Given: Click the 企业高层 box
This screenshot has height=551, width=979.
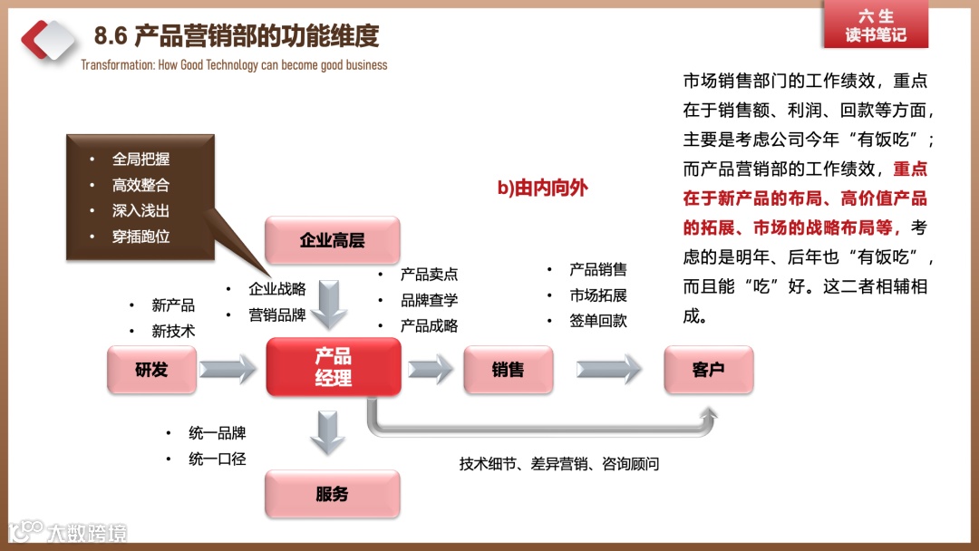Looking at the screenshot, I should pos(332,240).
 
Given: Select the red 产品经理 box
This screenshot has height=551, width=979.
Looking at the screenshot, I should pos(333,367).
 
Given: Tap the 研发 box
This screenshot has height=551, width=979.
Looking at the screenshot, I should pos(151,369).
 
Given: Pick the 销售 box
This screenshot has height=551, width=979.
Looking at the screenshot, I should pos(508,369).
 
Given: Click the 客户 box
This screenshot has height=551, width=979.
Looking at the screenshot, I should pos(708,369).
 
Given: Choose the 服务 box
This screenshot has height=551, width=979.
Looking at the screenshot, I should pos(332,494).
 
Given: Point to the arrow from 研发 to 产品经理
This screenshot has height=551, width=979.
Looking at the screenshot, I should pos(228,369).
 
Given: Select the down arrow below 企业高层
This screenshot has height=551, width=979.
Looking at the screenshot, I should pos(332,304).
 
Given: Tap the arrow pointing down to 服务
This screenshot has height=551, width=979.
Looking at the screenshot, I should pos(327,432).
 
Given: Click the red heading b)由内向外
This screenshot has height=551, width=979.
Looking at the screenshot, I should pos(542,188).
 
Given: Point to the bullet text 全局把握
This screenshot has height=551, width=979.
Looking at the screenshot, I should pos(141,159).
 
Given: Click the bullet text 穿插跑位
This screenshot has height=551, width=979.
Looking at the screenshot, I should pos(141,237).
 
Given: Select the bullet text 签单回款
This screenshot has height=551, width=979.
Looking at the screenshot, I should pos(598,321).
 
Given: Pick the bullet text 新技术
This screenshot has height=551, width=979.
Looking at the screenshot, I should pos(173,331).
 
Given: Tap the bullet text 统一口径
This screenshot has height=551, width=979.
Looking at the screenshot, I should pos(218,459).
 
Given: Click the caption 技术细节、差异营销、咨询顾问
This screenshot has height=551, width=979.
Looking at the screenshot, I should pos(558,464).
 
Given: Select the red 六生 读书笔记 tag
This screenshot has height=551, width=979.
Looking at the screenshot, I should pos(875,26).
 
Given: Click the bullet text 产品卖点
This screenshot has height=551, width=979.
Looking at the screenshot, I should pos(429,275).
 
